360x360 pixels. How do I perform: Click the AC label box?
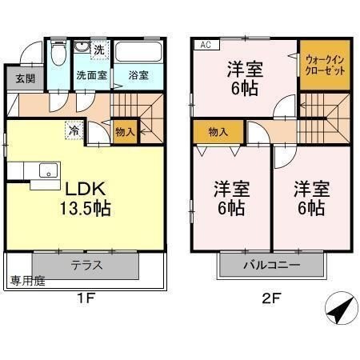tap(206, 45)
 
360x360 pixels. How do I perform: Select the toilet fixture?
tap(58, 53)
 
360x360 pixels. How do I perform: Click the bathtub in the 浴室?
tap(138, 52)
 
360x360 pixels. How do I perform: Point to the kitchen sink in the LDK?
tap(48, 170)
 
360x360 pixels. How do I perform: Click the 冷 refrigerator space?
tap(74, 130)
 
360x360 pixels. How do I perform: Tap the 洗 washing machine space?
tap(100, 50)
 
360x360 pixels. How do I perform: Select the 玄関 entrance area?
tap(25, 78)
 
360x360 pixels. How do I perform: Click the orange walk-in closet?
tap(325, 65)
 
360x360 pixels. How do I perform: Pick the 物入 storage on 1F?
tap(126, 132)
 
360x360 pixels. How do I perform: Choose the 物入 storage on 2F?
tap(218, 132)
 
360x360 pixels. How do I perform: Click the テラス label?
tap(86, 266)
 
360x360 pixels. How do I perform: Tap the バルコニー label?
tap(271, 266)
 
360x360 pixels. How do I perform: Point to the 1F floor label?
tap(86, 298)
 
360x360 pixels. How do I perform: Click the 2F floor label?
tap(271, 298)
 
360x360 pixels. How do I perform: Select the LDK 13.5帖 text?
tap(86, 198)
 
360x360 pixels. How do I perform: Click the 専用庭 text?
tap(28, 281)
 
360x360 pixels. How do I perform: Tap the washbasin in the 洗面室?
tap(82, 47)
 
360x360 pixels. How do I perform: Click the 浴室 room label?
tap(138, 75)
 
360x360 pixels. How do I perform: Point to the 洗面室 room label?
tap(92, 75)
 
